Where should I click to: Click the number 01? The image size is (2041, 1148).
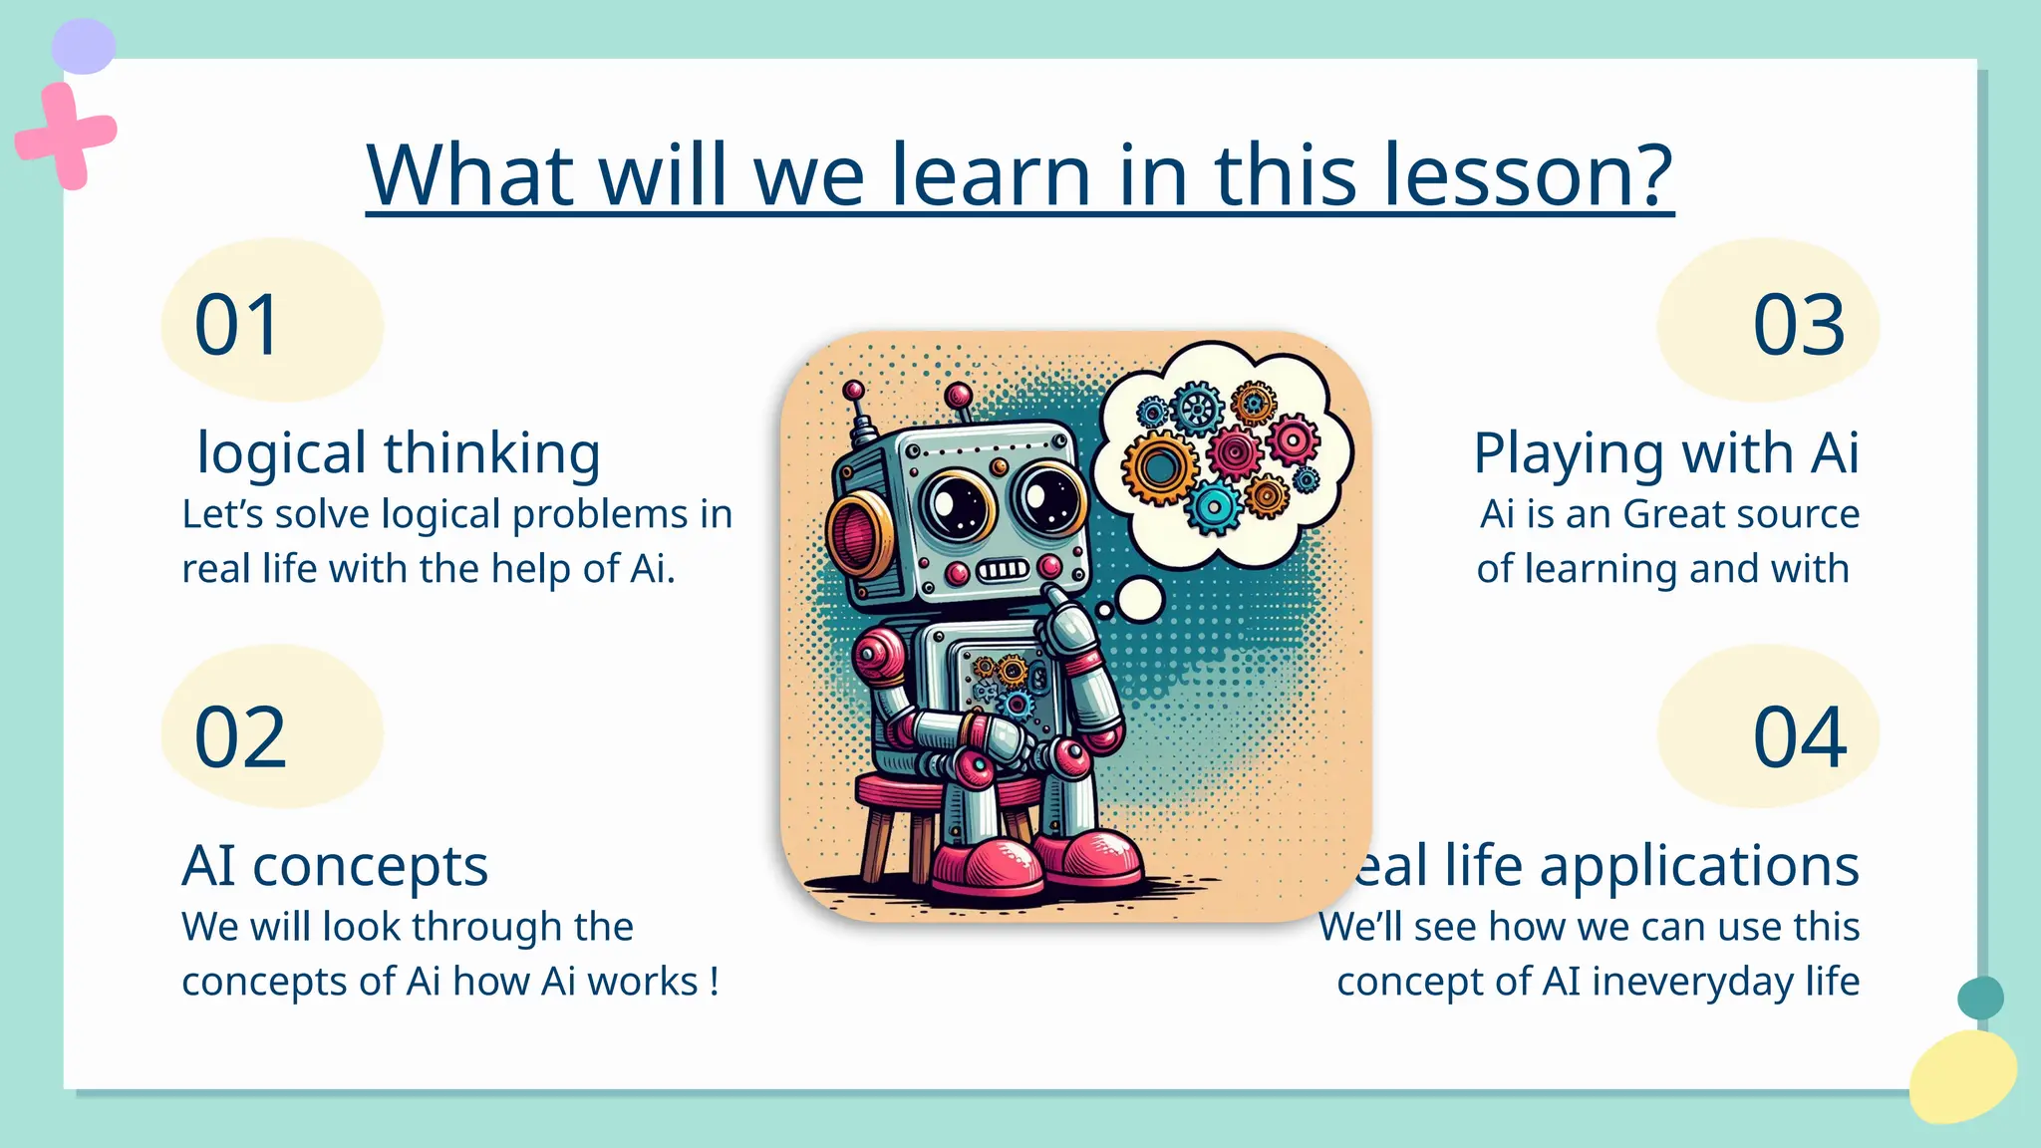(237, 325)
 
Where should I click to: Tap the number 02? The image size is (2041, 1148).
(240, 737)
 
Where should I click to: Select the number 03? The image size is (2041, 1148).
(1799, 325)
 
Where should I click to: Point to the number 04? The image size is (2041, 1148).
(1800, 737)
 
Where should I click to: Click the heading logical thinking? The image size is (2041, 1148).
(399, 453)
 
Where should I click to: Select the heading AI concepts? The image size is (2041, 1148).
(335, 865)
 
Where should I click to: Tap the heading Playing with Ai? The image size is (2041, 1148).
(1665, 453)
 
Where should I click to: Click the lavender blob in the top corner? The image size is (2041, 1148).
(84, 46)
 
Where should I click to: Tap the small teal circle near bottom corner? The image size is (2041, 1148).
(1980, 998)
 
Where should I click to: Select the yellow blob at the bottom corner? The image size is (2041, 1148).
(1962, 1077)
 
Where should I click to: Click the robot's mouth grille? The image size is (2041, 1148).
(1002, 570)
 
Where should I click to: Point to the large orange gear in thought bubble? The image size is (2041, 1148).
(1160, 467)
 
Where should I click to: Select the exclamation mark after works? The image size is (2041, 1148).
(715, 982)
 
